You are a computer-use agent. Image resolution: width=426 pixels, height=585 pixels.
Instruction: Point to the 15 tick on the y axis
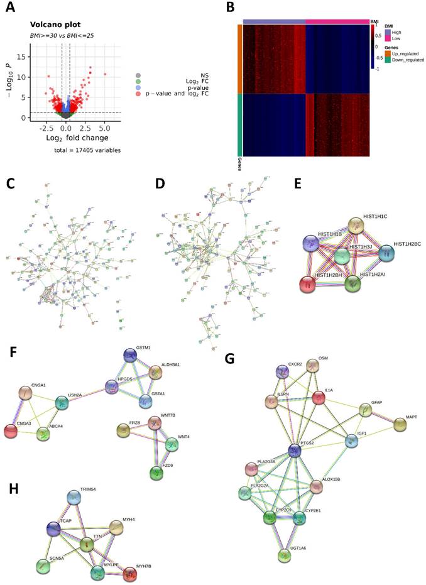point(25,57)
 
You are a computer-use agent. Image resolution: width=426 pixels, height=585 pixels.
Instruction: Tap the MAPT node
point(400,425)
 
